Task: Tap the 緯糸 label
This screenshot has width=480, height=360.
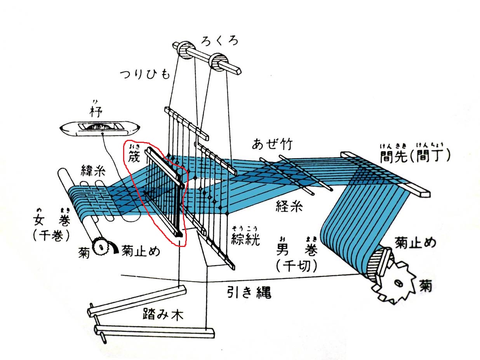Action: (92, 170)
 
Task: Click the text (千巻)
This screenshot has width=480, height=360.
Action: (51, 235)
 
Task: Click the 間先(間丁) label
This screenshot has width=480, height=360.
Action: (415, 156)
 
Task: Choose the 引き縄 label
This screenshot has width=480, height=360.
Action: (249, 292)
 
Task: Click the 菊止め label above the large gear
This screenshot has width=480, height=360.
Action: (415, 243)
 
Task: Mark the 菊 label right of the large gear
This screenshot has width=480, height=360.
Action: (425, 287)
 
